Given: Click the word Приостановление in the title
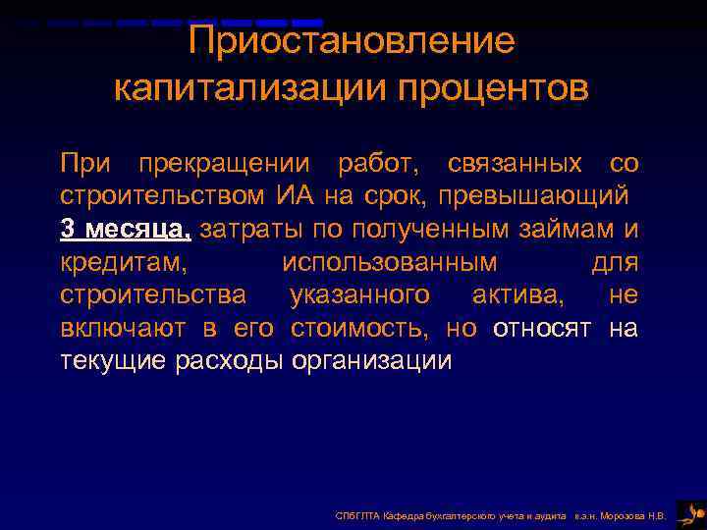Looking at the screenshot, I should tap(352, 41).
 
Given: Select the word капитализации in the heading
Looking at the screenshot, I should tap(250, 87).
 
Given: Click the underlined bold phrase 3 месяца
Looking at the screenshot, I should tap(125, 229).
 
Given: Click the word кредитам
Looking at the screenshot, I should tap(124, 262).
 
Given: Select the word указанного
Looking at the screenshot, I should tap(359, 295).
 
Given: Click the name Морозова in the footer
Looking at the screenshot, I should tap(625, 515).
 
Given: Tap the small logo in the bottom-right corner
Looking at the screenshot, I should tap(691, 511).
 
